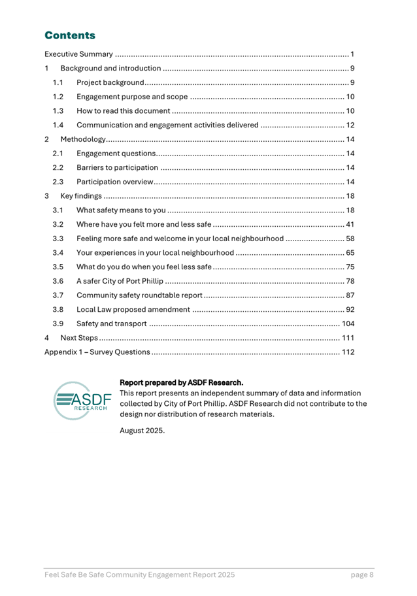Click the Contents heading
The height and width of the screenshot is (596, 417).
coord(69,35)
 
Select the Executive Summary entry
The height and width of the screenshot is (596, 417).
coord(78,54)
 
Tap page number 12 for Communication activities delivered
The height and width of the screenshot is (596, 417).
coord(350,125)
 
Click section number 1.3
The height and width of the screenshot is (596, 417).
coord(58,111)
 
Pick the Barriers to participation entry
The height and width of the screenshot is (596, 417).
coord(117,168)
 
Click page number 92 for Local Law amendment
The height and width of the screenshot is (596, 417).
coord(350,310)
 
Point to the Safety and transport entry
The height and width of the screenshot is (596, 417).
coord(110,324)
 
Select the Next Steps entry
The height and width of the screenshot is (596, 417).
coord(78,338)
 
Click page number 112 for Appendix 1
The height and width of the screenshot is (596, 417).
coord(348,352)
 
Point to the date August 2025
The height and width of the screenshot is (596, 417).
coord(142,430)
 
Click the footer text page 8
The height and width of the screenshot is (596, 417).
coord(361,575)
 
